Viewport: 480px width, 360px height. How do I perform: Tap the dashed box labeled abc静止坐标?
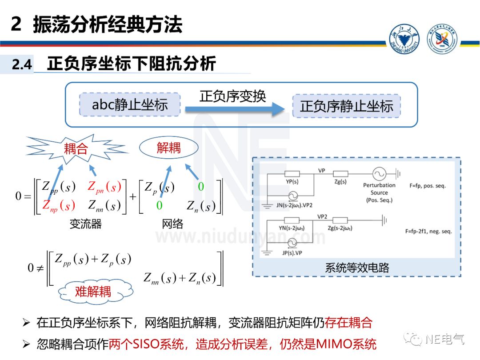click(130, 105)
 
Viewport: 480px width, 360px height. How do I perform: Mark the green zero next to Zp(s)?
click(201, 187)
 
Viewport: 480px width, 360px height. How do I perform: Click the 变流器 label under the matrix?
click(85, 224)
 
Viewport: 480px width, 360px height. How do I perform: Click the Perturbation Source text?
click(379, 189)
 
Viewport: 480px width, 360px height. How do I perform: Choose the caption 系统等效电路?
click(357, 268)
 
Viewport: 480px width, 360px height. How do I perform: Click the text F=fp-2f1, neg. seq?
click(428, 232)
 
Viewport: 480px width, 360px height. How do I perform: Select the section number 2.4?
click(22, 65)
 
